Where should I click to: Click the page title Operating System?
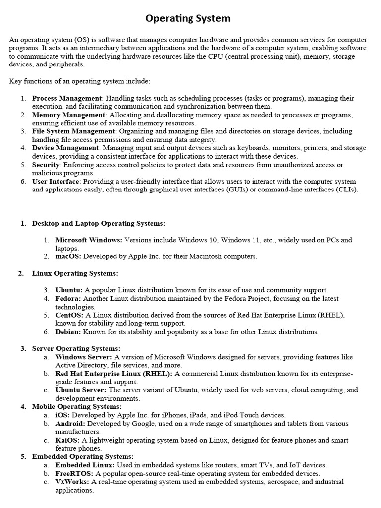pos(188,19)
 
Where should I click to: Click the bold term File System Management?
pos(73,131)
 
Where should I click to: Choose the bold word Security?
pos(45,165)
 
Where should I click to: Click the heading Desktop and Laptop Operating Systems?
pos(99,223)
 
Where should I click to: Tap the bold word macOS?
pos(68,256)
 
